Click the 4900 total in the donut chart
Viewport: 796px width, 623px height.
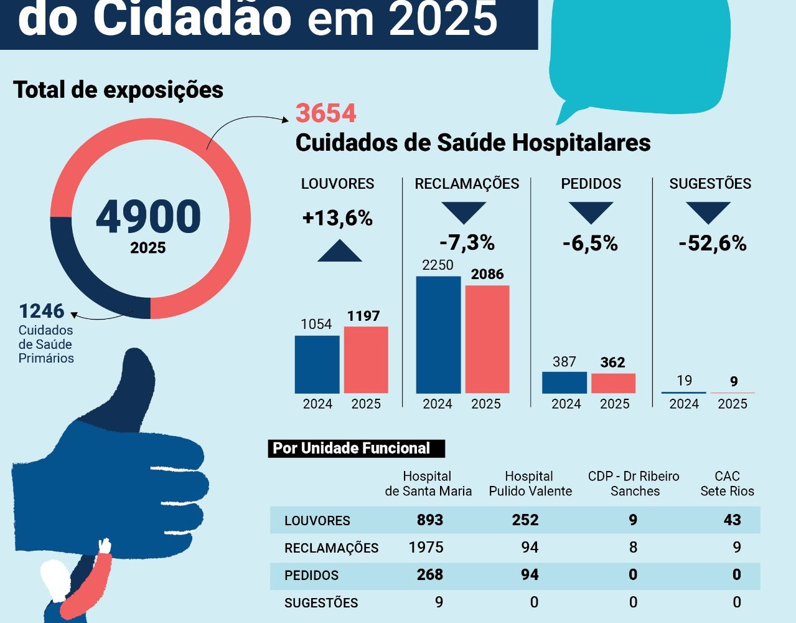click(x=148, y=217)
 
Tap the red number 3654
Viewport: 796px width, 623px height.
click(x=325, y=113)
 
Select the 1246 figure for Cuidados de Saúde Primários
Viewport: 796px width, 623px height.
click(x=41, y=311)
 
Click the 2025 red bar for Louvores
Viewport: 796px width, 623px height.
click(x=366, y=359)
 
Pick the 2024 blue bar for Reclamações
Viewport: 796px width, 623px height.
click(x=438, y=335)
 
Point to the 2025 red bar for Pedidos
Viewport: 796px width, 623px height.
click(x=613, y=383)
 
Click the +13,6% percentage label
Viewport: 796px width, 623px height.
click(x=337, y=218)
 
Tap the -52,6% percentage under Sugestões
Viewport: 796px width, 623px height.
click(x=712, y=243)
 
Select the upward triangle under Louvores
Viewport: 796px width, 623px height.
click(x=339, y=250)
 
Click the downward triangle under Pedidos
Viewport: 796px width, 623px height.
click(x=591, y=212)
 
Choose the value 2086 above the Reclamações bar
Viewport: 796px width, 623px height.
click(x=487, y=274)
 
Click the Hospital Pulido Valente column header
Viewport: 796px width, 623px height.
click(x=530, y=483)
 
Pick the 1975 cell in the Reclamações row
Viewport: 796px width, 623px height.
click(x=426, y=548)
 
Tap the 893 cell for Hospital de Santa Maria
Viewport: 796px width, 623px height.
click(x=429, y=520)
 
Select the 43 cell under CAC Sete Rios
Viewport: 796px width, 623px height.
click(x=732, y=520)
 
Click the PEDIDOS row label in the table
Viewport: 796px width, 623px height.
click(x=311, y=576)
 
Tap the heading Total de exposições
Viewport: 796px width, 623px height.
click(x=118, y=90)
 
